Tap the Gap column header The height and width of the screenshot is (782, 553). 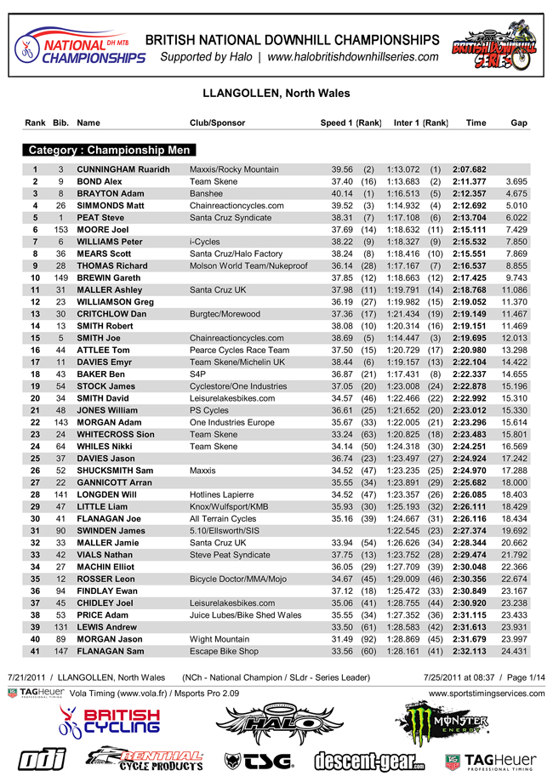(x=518, y=123)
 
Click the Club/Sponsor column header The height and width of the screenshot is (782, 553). (x=217, y=123)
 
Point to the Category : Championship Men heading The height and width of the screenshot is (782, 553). (x=109, y=150)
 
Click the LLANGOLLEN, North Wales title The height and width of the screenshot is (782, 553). (x=276, y=94)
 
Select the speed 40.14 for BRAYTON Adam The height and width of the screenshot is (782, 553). (x=342, y=193)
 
